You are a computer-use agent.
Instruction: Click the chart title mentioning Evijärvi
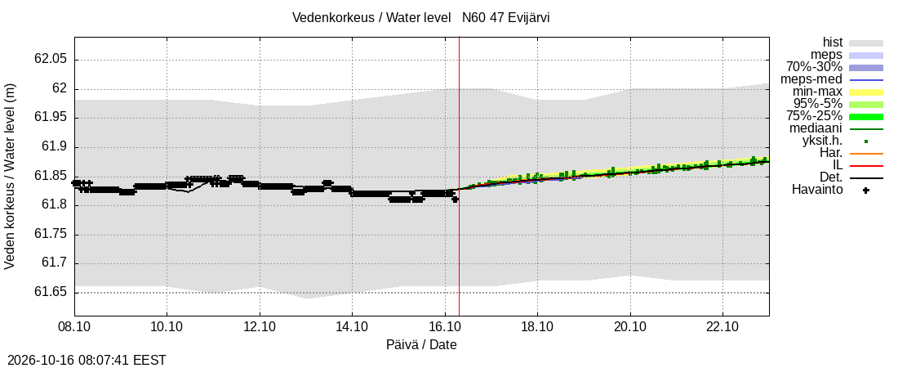pyautogui.click(x=421, y=17)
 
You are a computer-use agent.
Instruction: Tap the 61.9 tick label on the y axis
pyautogui.click(x=55, y=147)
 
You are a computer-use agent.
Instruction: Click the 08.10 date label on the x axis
pyautogui.click(x=74, y=326)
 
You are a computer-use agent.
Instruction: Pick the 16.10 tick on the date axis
pyautogui.click(x=445, y=326)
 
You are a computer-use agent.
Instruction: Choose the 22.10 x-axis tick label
pyautogui.click(x=722, y=326)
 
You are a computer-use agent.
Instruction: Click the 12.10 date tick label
pyautogui.click(x=260, y=326)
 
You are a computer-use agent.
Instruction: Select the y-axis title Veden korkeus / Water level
pyautogui.click(x=10, y=177)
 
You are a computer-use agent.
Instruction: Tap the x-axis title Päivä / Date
pyautogui.click(x=421, y=344)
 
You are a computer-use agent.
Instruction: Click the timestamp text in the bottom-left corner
pyautogui.click(x=83, y=361)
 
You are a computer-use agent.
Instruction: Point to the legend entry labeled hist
pyautogui.click(x=832, y=43)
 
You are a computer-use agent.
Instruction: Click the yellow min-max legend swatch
pyautogui.click(x=866, y=92)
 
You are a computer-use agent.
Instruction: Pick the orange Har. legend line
pyautogui.click(x=866, y=154)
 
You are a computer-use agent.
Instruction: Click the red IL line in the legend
pyautogui.click(x=866, y=166)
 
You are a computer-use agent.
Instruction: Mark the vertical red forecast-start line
pyautogui.click(x=460, y=177)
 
